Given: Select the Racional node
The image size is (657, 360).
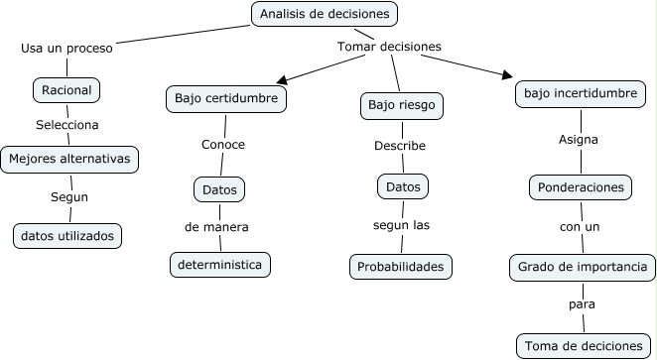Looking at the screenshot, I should [66, 90].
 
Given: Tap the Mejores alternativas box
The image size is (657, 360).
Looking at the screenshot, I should [67, 158].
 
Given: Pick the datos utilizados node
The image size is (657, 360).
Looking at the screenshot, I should [67, 235].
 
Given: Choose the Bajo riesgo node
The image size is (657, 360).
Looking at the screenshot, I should [400, 104].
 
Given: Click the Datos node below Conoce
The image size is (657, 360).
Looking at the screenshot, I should [217, 188].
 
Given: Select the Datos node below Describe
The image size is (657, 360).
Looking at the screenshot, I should [403, 185].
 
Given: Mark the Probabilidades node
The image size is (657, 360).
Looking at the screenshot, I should [401, 267].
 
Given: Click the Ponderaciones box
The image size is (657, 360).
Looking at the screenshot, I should [580, 186].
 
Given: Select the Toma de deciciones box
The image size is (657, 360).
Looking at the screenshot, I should [583, 346].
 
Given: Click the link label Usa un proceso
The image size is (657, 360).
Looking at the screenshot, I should [66, 47].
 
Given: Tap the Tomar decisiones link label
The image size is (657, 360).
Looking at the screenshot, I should [389, 47].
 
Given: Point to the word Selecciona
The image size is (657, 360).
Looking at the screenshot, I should [66, 125].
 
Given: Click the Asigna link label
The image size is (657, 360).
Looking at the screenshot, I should [579, 140].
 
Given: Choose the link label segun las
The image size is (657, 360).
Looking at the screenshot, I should [401, 225].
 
